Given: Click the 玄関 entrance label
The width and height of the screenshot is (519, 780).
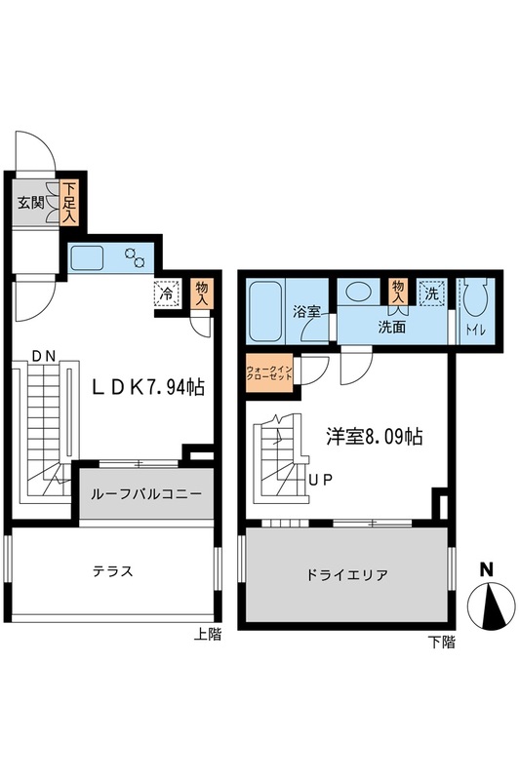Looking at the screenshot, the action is (30, 203).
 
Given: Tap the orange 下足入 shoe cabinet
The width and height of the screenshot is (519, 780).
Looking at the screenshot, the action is (67, 203).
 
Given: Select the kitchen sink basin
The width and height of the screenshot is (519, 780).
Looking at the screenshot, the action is (87, 258).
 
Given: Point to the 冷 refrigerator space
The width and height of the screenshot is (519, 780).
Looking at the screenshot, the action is (167, 293).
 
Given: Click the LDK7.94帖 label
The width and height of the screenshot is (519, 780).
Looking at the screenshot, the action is (148, 387).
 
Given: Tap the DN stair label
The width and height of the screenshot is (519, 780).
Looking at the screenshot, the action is (44, 355).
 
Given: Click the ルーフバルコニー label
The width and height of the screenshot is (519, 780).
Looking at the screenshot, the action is (145, 494).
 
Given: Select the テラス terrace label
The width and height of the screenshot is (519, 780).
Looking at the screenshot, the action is (113, 571).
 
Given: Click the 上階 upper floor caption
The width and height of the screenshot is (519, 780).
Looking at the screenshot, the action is (207, 635).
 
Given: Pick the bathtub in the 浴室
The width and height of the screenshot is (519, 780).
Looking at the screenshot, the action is (265, 312).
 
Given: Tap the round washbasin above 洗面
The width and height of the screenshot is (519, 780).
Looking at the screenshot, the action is (359, 291).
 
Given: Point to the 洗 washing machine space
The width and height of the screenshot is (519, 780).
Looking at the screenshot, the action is (431, 293).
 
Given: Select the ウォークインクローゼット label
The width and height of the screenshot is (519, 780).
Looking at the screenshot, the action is (269, 373).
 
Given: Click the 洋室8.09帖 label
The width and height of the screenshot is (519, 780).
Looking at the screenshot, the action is (375, 437).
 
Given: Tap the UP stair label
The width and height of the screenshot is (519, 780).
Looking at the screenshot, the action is (321, 480).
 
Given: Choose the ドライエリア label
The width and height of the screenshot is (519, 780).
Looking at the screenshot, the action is (347, 575).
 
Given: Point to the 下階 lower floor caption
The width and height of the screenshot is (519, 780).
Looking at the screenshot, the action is (441, 643).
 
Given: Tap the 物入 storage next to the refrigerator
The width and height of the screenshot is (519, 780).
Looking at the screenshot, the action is (202, 293).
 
